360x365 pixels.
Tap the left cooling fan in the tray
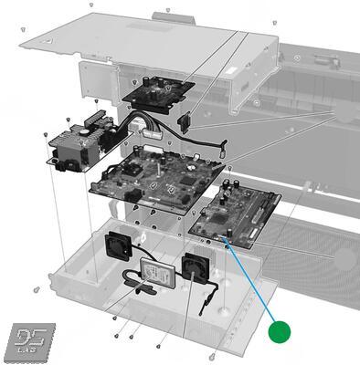(120, 244)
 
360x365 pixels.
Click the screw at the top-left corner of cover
(92, 5)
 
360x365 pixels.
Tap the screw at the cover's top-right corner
(275, 23)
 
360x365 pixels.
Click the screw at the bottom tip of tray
(213, 356)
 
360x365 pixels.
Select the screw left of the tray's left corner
(35, 289)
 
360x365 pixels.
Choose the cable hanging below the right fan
(212, 293)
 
